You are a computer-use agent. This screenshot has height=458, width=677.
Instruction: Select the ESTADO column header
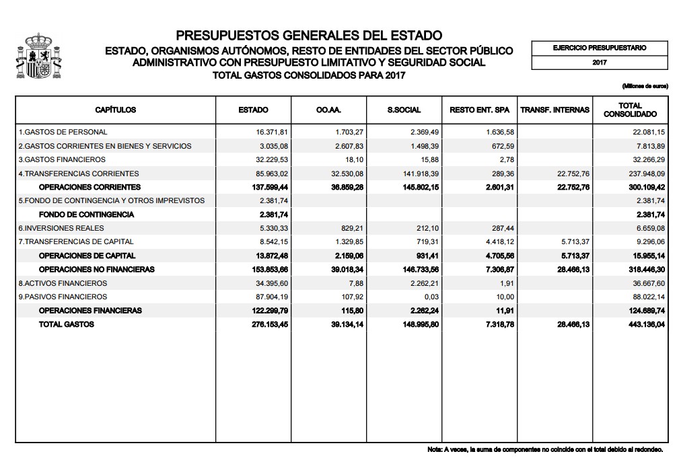(253, 110)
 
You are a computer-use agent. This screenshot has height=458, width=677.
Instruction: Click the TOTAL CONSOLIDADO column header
(630, 110)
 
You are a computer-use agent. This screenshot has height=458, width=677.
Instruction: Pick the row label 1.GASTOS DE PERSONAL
(63, 132)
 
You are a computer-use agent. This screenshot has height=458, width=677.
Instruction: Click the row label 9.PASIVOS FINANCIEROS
(63, 297)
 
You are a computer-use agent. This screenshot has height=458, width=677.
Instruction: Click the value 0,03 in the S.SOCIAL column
(431, 297)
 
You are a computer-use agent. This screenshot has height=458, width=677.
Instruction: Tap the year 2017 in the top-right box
(600, 62)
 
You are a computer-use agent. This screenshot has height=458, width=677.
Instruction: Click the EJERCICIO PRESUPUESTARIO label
(600, 48)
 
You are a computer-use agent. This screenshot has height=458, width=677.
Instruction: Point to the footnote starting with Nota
(545, 449)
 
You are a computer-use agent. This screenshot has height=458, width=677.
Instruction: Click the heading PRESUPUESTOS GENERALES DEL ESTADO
(309, 35)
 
